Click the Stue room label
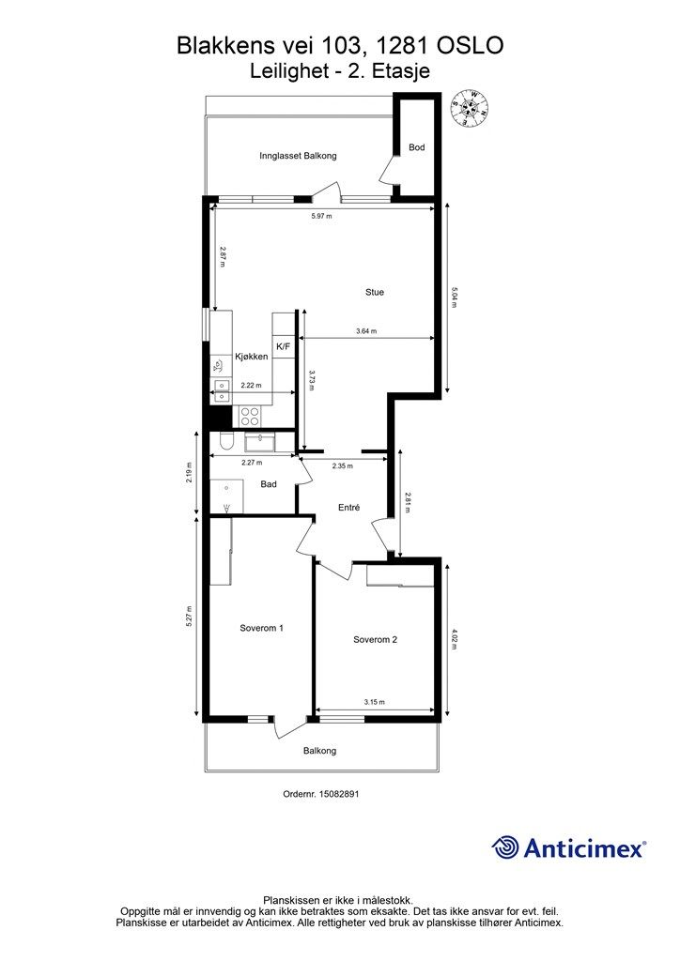click(x=374, y=293)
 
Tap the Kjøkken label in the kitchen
click(x=252, y=357)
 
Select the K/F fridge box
click(x=284, y=346)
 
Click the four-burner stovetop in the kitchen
click(x=250, y=416)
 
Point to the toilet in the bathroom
click(x=225, y=441)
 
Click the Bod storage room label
click(x=417, y=147)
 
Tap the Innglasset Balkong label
click(x=298, y=156)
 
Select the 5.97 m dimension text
click(x=321, y=216)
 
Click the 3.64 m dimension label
click(x=366, y=331)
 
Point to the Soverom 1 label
click(x=261, y=628)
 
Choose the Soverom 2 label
click(x=376, y=640)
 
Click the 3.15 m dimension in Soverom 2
click(x=374, y=702)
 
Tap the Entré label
click(x=348, y=508)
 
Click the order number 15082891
click(x=337, y=794)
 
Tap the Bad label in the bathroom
click(x=269, y=484)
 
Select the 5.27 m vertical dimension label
click(x=190, y=616)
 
